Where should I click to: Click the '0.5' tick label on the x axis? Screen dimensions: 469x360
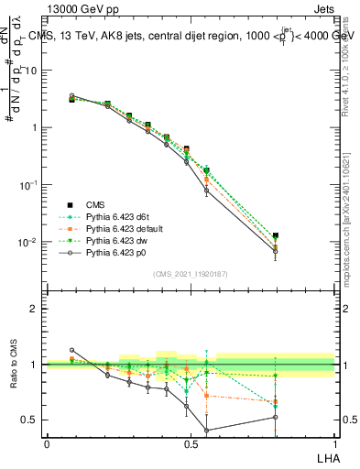(191, 443)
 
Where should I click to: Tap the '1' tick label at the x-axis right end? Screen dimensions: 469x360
(334, 443)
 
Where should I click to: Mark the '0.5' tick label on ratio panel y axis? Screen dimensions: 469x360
(32, 420)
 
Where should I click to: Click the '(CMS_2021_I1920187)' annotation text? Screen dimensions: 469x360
(190, 274)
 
